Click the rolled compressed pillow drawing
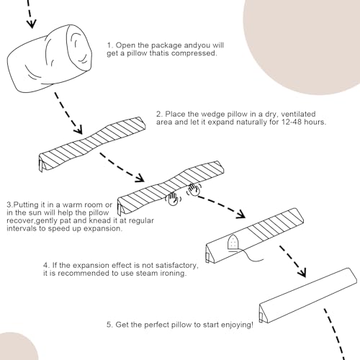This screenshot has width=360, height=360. coord(49,59)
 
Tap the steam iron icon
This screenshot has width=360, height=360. coord(233,243)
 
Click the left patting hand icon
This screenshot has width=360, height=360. coord(173,199)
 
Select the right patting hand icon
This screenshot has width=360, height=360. coord(194,189)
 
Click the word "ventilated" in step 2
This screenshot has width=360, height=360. coord(298,114)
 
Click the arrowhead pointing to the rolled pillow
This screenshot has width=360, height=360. coord(32,24)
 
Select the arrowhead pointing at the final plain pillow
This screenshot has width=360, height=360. coord(302,273)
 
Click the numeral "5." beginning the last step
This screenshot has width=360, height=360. coord(109,325)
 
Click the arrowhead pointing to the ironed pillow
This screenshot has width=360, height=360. coord(240,215)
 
